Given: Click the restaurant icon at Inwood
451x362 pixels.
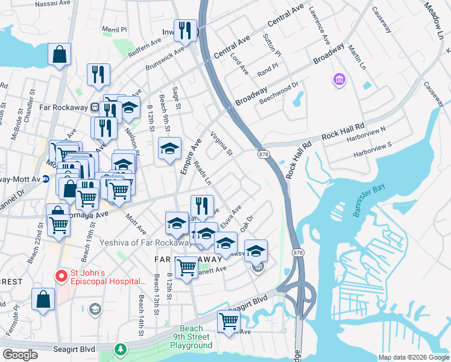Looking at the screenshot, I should coord(185,31).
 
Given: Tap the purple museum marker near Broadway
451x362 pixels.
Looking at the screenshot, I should coord(339,79).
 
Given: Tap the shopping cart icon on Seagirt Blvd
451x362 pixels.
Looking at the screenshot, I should coord(229,322).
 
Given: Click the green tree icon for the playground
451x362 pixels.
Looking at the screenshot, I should coord(121,349).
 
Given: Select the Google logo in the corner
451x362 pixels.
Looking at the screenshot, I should coord(20,355).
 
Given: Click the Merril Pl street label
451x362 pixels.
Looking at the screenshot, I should coord(115,29).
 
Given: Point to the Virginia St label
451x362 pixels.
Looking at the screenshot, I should coord(221,144).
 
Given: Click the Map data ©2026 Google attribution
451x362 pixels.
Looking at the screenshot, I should coord(414,357).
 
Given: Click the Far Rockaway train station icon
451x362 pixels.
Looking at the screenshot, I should coord(95,107).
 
